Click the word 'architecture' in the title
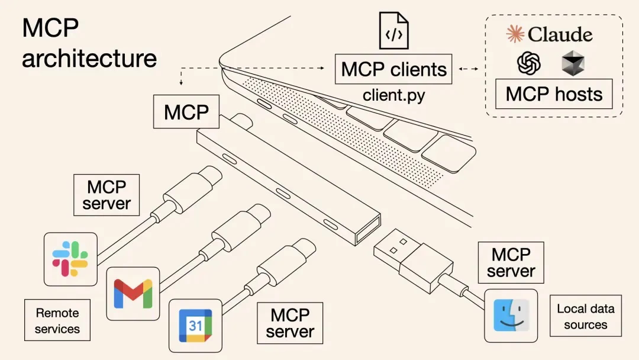pyautogui.click(x=89, y=59)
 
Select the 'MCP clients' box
pyautogui.click(x=393, y=69)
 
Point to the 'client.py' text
pyautogui.click(x=393, y=95)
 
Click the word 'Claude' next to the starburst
pyautogui.click(x=560, y=34)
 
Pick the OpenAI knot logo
pyautogui.click(x=529, y=63)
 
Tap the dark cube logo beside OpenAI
pyautogui.click(x=573, y=63)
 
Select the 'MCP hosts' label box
pyautogui.click(x=554, y=94)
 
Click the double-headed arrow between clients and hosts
pyautogui.click(x=469, y=69)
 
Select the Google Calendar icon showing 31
pyautogui.click(x=195, y=325)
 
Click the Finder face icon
pyautogui.click(x=511, y=316)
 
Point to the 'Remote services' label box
pyautogui.click(x=57, y=320)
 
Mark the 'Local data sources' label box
pyautogui.click(x=585, y=316)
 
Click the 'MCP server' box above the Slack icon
pyautogui.click(x=106, y=195)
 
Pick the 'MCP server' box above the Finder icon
pyautogui.click(x=511, y=262)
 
